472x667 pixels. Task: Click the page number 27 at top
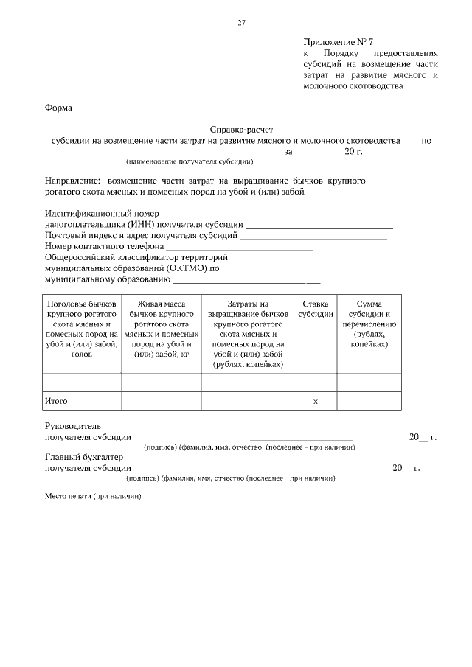click(x=241, y=23)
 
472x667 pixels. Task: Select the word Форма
click(x=59, y=108)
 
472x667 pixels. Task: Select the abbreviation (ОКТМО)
click(x=184, y=268)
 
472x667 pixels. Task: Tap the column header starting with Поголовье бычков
click(x=81, y=329)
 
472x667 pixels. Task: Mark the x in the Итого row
click(x=315, y=401)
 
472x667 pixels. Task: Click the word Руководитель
click(x=67, y=426)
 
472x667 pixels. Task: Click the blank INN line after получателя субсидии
click(x=319, y=226)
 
